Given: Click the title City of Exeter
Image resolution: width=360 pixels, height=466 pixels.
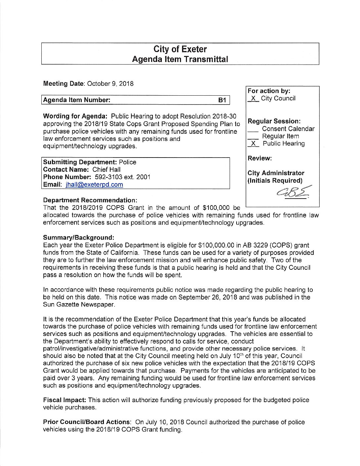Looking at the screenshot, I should (180, 49).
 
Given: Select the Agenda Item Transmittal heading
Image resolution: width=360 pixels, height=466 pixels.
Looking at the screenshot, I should (180, 59).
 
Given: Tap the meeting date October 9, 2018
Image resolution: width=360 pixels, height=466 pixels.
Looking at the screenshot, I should (110, 83).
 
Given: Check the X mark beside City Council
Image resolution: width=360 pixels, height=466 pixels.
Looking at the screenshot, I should (253, 98).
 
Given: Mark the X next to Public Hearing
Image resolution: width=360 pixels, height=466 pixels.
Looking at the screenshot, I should (253, 144).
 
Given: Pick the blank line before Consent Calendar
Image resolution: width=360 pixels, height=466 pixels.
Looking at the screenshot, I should (253, 130).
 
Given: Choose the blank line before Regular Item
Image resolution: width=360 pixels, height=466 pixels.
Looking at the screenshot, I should (253, 137).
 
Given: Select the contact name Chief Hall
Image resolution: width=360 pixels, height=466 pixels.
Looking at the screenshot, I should (107, 169).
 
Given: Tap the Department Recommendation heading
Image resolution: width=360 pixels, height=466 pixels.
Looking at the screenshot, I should (90, 201).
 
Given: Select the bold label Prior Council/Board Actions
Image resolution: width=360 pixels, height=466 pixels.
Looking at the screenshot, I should (86, 422).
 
